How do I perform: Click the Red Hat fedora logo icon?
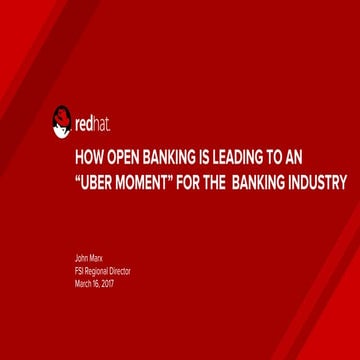pos(62,123)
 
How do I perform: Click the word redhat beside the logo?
pos(92,126)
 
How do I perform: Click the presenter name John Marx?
pos(88,259)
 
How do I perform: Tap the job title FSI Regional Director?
pos(102,271)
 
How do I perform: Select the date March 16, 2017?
pos(95,283)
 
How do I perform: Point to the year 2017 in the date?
pos(107,283)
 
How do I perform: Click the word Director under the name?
pos(116,271)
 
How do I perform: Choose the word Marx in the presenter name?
pos(95,259)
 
